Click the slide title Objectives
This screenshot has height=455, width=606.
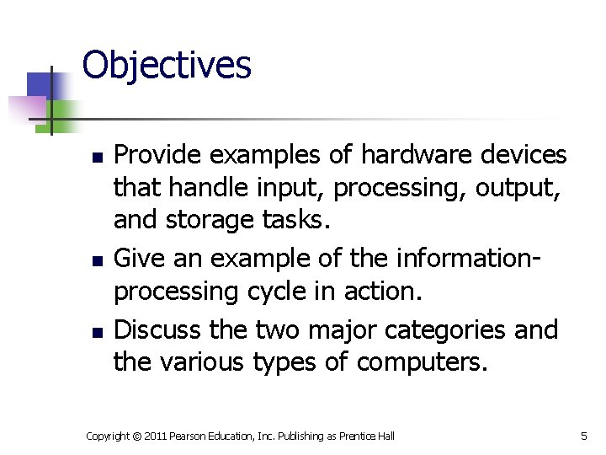point(167,65)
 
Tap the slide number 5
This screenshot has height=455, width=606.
point(583,436)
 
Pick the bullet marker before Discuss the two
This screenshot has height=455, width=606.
point(97,331)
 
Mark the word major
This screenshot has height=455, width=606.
point(300,329)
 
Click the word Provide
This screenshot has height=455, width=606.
point(157,155)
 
